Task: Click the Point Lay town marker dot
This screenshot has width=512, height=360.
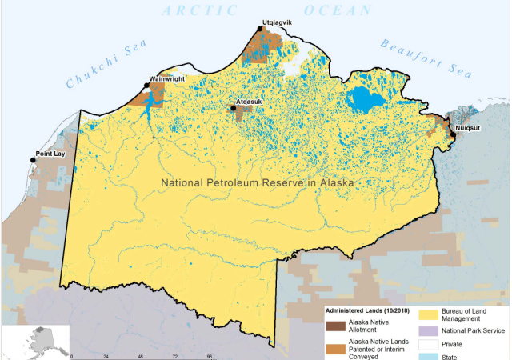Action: pos(34,160)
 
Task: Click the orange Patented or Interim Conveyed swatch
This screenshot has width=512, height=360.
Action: pos(335,346)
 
